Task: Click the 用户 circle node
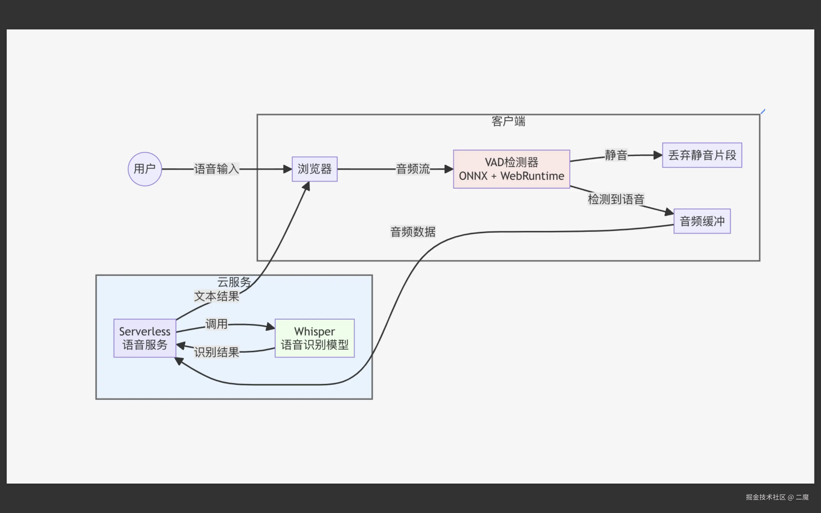point(145,169)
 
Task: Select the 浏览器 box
point(315,169)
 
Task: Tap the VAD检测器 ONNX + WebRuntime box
point(511,169)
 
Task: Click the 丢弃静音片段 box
point(702,155)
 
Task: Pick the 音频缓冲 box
point(702,221)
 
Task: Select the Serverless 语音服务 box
point(145,338)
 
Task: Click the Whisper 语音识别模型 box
point(315,338)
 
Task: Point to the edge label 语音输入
point(216,169)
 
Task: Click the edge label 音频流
point(413,169)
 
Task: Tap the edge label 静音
point(616,155)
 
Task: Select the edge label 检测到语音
point(616,199)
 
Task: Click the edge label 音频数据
point(413,232)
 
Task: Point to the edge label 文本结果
point(216,296)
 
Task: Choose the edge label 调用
point(216,324)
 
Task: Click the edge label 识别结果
point(216,352)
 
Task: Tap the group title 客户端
point(508,121)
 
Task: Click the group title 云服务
point(234,282)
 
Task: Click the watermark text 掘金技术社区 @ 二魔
point(777,497)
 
